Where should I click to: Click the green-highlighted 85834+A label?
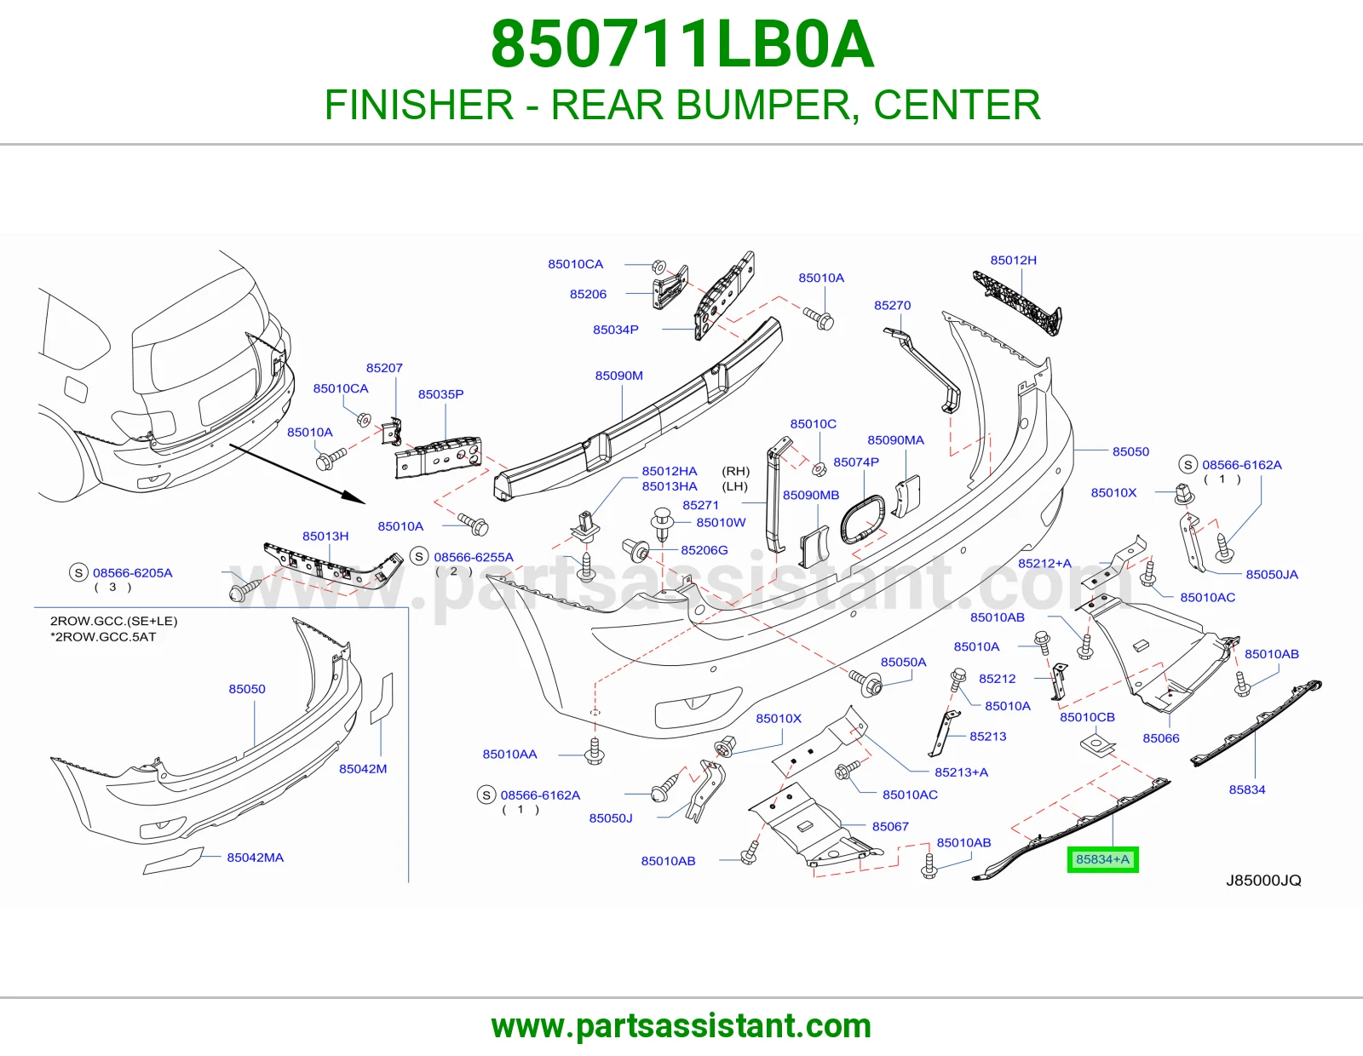[1102, 859]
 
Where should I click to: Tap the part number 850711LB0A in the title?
[682, 44]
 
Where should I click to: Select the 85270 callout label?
[893, 306]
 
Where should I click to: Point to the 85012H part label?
[1014, 260]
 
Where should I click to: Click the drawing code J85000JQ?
[1264, 881]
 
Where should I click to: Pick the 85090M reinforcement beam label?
[619, 376]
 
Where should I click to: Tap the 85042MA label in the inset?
[256, 858]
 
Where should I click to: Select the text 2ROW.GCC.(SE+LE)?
[113, 621]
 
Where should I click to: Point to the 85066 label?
[1161, 738]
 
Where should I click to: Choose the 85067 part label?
[890, 826]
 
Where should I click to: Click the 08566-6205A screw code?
[132, 572]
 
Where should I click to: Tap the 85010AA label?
[510, 754]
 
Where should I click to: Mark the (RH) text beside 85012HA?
[736, 471]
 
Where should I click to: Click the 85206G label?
[705, 550]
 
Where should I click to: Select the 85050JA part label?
[1272, 574]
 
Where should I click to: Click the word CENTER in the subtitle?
[958, 105]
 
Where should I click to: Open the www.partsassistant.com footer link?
[681, 1026]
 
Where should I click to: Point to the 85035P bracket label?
[441, 394]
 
